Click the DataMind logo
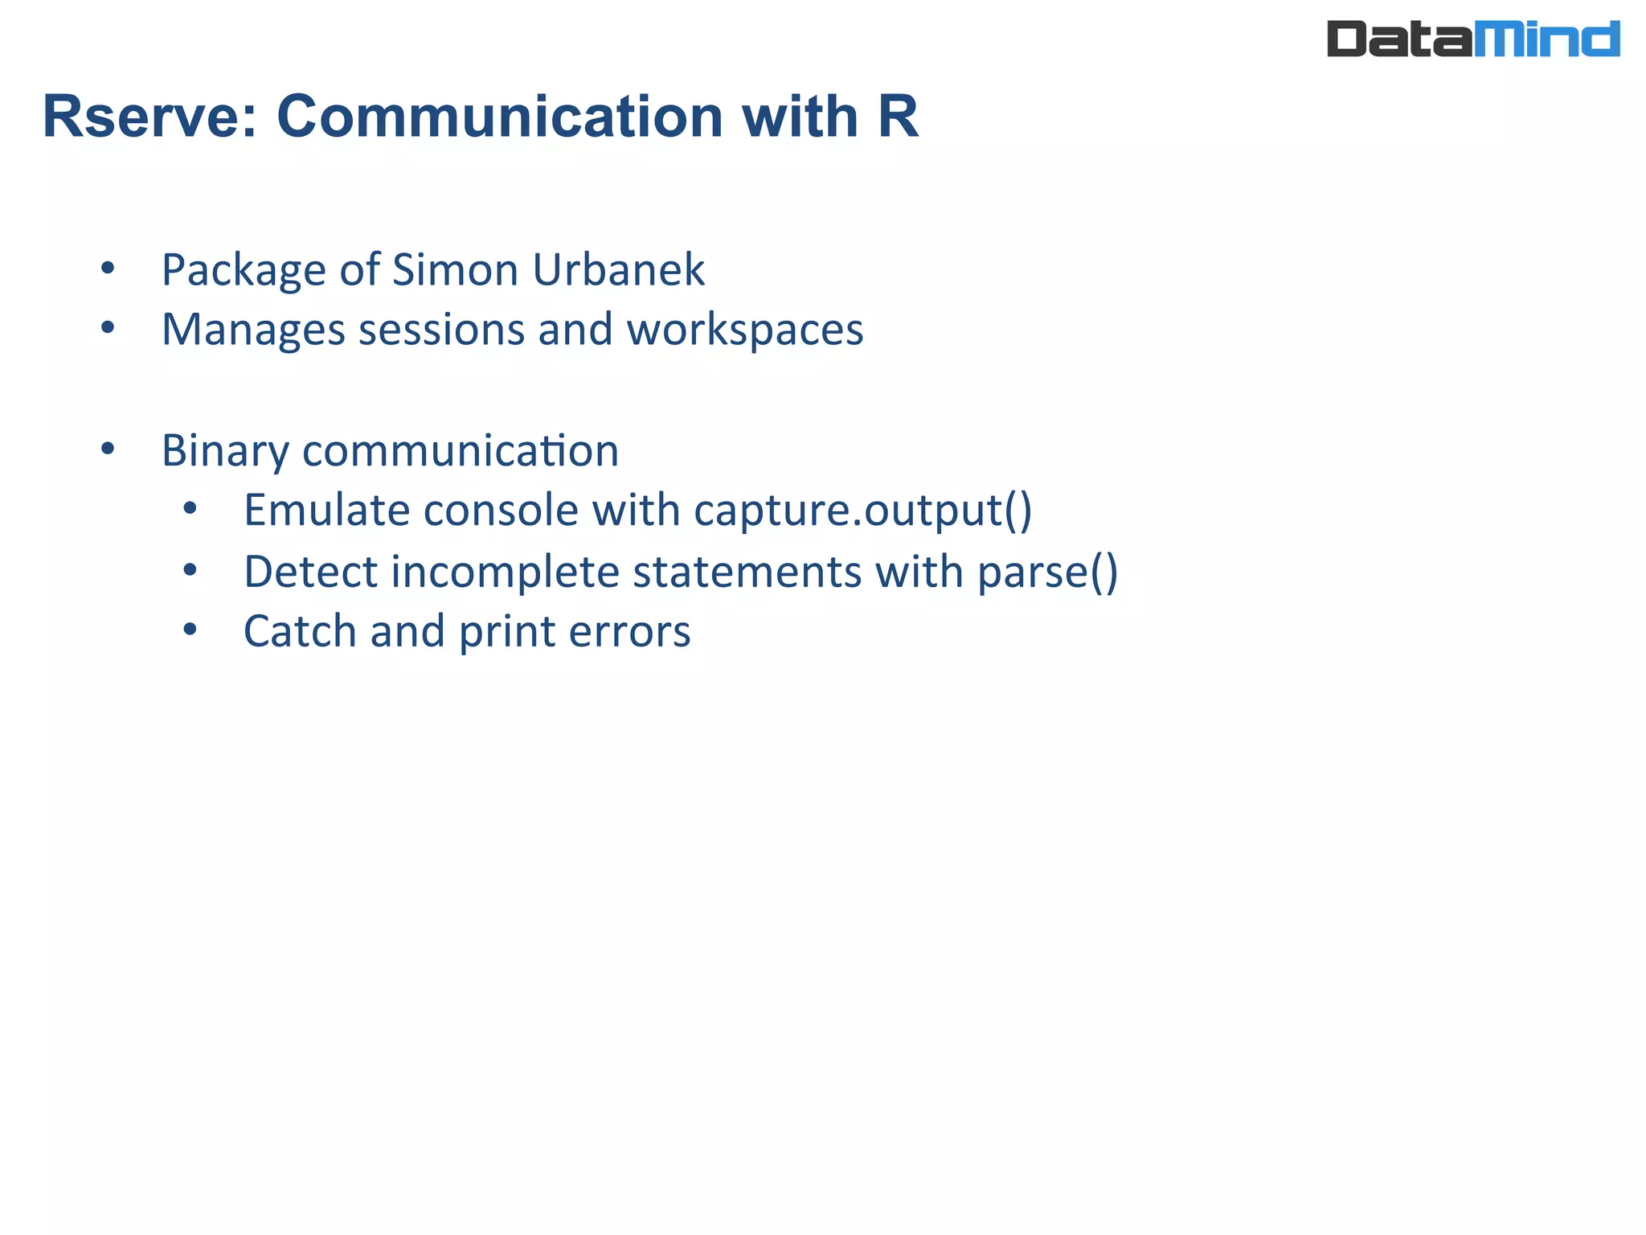(1472, 39)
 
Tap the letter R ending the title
(898, 117)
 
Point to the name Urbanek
(618, 269)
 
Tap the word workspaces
(744, 330)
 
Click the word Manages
(253, 330)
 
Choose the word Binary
(225, 451)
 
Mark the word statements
(747, 572)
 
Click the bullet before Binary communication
(108, 449)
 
